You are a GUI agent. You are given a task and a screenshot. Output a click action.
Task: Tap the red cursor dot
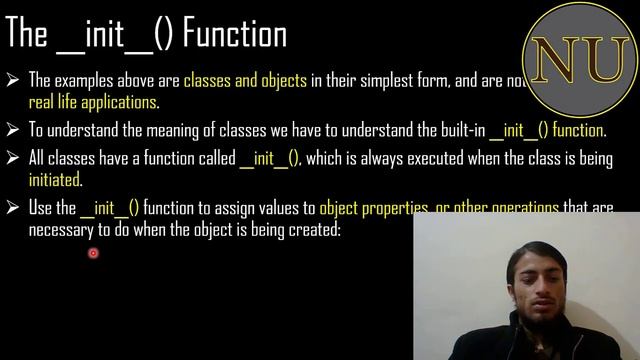(93, 253)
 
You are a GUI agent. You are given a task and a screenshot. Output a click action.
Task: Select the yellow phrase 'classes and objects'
(246, 81)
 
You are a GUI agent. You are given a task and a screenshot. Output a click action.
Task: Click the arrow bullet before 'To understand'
(14, 131)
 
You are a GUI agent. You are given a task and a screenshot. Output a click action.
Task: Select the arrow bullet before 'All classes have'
(14, 159)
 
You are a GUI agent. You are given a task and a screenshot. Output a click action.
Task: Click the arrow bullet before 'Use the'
(14, 209)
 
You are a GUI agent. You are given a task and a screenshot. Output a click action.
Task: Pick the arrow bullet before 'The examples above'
(14, 81)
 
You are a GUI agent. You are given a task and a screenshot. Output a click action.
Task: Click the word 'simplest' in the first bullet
(374, 81)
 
